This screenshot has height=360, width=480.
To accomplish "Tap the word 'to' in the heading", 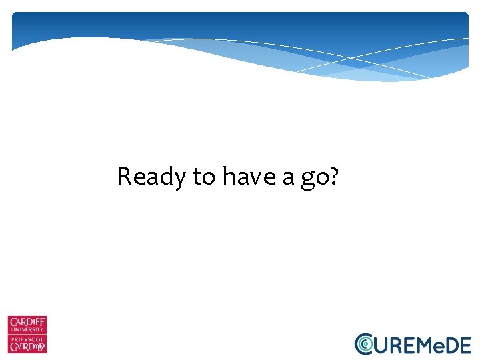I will pos(204,177).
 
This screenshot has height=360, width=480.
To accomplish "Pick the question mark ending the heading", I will pos(333,177).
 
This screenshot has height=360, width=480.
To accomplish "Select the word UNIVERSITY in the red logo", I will pos(27,331).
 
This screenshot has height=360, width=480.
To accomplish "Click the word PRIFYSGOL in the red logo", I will pos(27,339).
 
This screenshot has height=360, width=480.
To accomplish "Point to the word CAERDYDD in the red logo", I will pos(27,347).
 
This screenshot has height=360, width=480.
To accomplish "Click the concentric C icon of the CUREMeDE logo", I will pos(364,343).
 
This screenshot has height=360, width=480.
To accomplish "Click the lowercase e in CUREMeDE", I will pos(438,345).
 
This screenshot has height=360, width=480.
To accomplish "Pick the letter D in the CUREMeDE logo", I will pos(451,344).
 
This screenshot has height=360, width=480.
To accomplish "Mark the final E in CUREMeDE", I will pos(465,344).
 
